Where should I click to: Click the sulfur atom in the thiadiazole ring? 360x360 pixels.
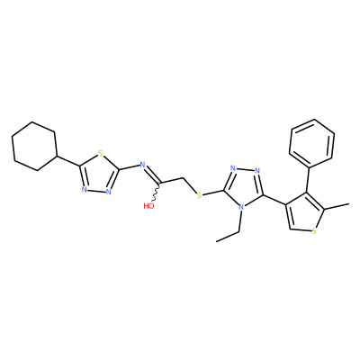tap(101, 155)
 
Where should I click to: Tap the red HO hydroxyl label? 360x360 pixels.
tap(148, 206)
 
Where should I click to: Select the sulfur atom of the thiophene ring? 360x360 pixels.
tap(314, 231)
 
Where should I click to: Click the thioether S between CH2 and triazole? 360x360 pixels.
tap(199, 196)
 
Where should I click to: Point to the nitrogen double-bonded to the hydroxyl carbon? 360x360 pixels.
tap(143, 165)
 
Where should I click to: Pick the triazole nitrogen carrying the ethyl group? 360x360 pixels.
tap(240, 207)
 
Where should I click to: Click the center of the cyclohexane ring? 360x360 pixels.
tap(34, 147)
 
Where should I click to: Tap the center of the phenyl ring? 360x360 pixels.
tap(312, 143)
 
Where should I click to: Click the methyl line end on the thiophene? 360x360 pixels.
tap(349, 204)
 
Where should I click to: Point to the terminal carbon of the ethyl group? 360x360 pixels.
tap(217, 241)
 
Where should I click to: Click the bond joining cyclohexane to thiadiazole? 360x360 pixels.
tap(68, 161)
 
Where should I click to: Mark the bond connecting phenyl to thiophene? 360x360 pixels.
tap(309, 179)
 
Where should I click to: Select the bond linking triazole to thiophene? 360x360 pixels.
tap(274, 200)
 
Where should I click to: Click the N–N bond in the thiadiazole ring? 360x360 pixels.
tap(96, 191)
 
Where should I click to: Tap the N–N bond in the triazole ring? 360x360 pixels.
tap(245, 170)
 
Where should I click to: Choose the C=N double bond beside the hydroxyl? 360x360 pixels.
tap(152, 175)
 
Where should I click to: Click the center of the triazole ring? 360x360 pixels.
tap(243, 187)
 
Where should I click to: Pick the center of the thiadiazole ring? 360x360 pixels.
tap(98, 175)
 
